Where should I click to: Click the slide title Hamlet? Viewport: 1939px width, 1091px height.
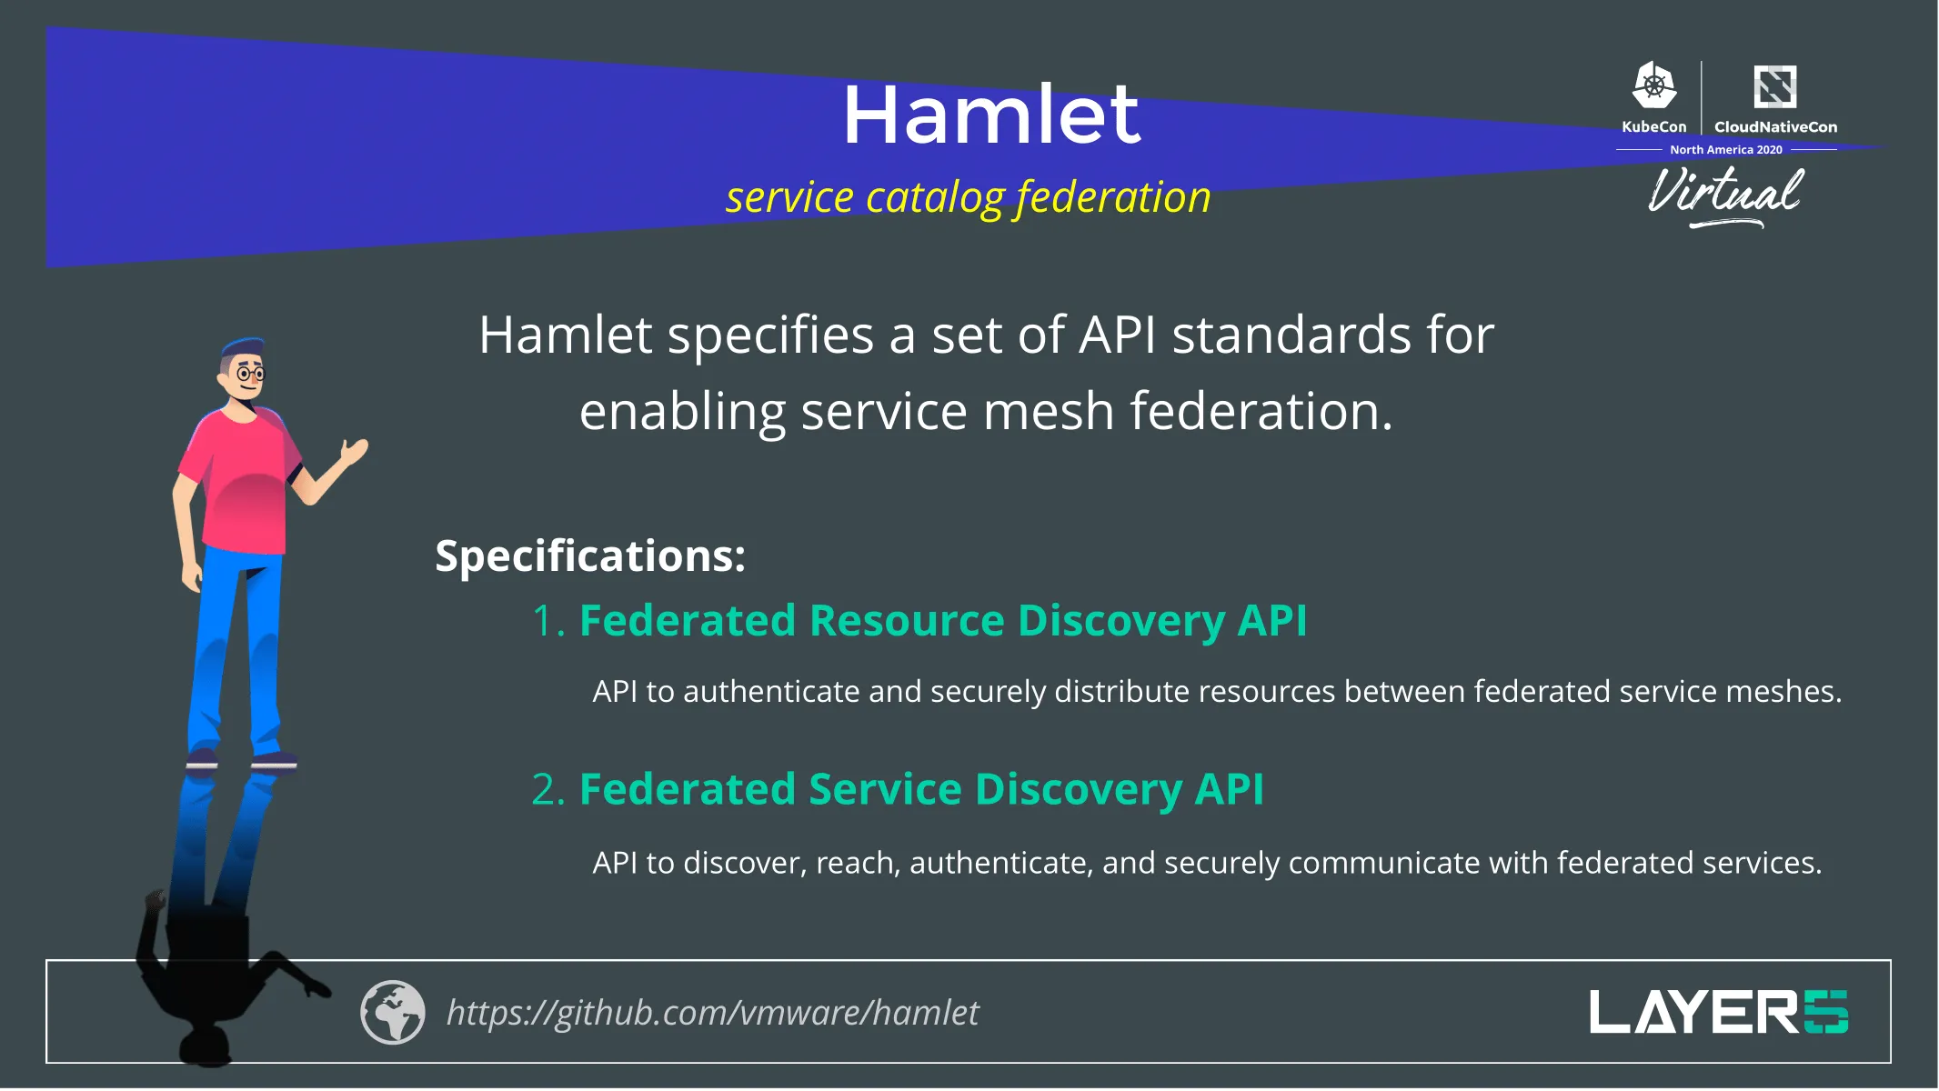tap(990, 115)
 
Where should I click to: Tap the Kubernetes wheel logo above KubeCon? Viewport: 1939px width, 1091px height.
tap(1653, 86)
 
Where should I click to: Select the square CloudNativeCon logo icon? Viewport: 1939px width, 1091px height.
tap(1774, 86)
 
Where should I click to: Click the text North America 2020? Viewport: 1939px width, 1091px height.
tap(1725, 150)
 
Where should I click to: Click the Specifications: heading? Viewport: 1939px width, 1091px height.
tap(589, 556)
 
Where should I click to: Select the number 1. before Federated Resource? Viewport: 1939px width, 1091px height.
tap(548, 622)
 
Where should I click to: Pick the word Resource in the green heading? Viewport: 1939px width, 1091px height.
tap(906, 621)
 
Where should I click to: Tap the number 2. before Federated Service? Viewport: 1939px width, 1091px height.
tap(548, 790)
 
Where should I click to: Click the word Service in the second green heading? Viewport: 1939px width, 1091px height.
tap(884, 789)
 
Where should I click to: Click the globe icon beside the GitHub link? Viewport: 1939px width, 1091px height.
tap(392, 1012)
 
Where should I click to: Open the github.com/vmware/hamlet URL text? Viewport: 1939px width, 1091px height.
tap(712, 1013)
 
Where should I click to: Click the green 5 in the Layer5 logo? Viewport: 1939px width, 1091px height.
tap(1825, 1012)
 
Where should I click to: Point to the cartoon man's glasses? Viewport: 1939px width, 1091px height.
tap(250, 374)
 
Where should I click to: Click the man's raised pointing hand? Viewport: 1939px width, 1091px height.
tap(355, 450)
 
